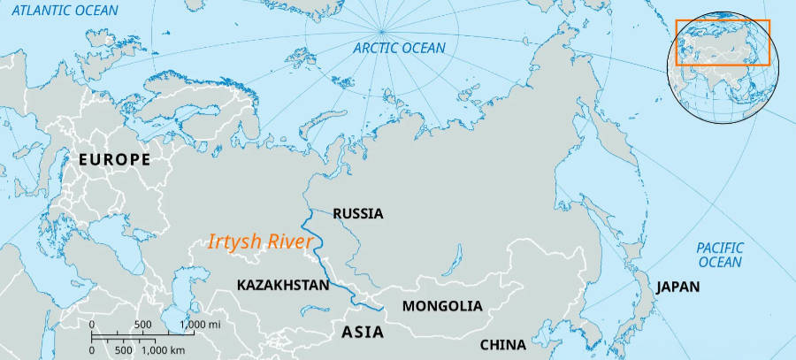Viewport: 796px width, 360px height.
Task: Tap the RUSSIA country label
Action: pos(357,213)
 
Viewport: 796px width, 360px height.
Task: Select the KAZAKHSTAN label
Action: pos(282,285)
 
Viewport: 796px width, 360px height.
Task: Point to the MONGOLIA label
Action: pos(442,306)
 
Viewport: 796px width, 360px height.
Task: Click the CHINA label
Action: pos(502,344)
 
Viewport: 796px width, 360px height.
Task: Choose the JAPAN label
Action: pos(677,287)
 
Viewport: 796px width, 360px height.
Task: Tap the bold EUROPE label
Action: pos(114,160)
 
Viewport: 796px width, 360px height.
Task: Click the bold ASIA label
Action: pos(363,333)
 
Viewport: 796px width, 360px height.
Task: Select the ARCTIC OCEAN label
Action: pos(399,48)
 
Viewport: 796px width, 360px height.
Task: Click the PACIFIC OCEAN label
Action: pos(720,255)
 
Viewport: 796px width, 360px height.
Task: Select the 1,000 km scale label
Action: pos(163,350)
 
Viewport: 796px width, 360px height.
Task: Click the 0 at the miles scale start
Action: pos(92,325)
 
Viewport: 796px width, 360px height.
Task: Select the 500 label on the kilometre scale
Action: pos(126,350)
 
